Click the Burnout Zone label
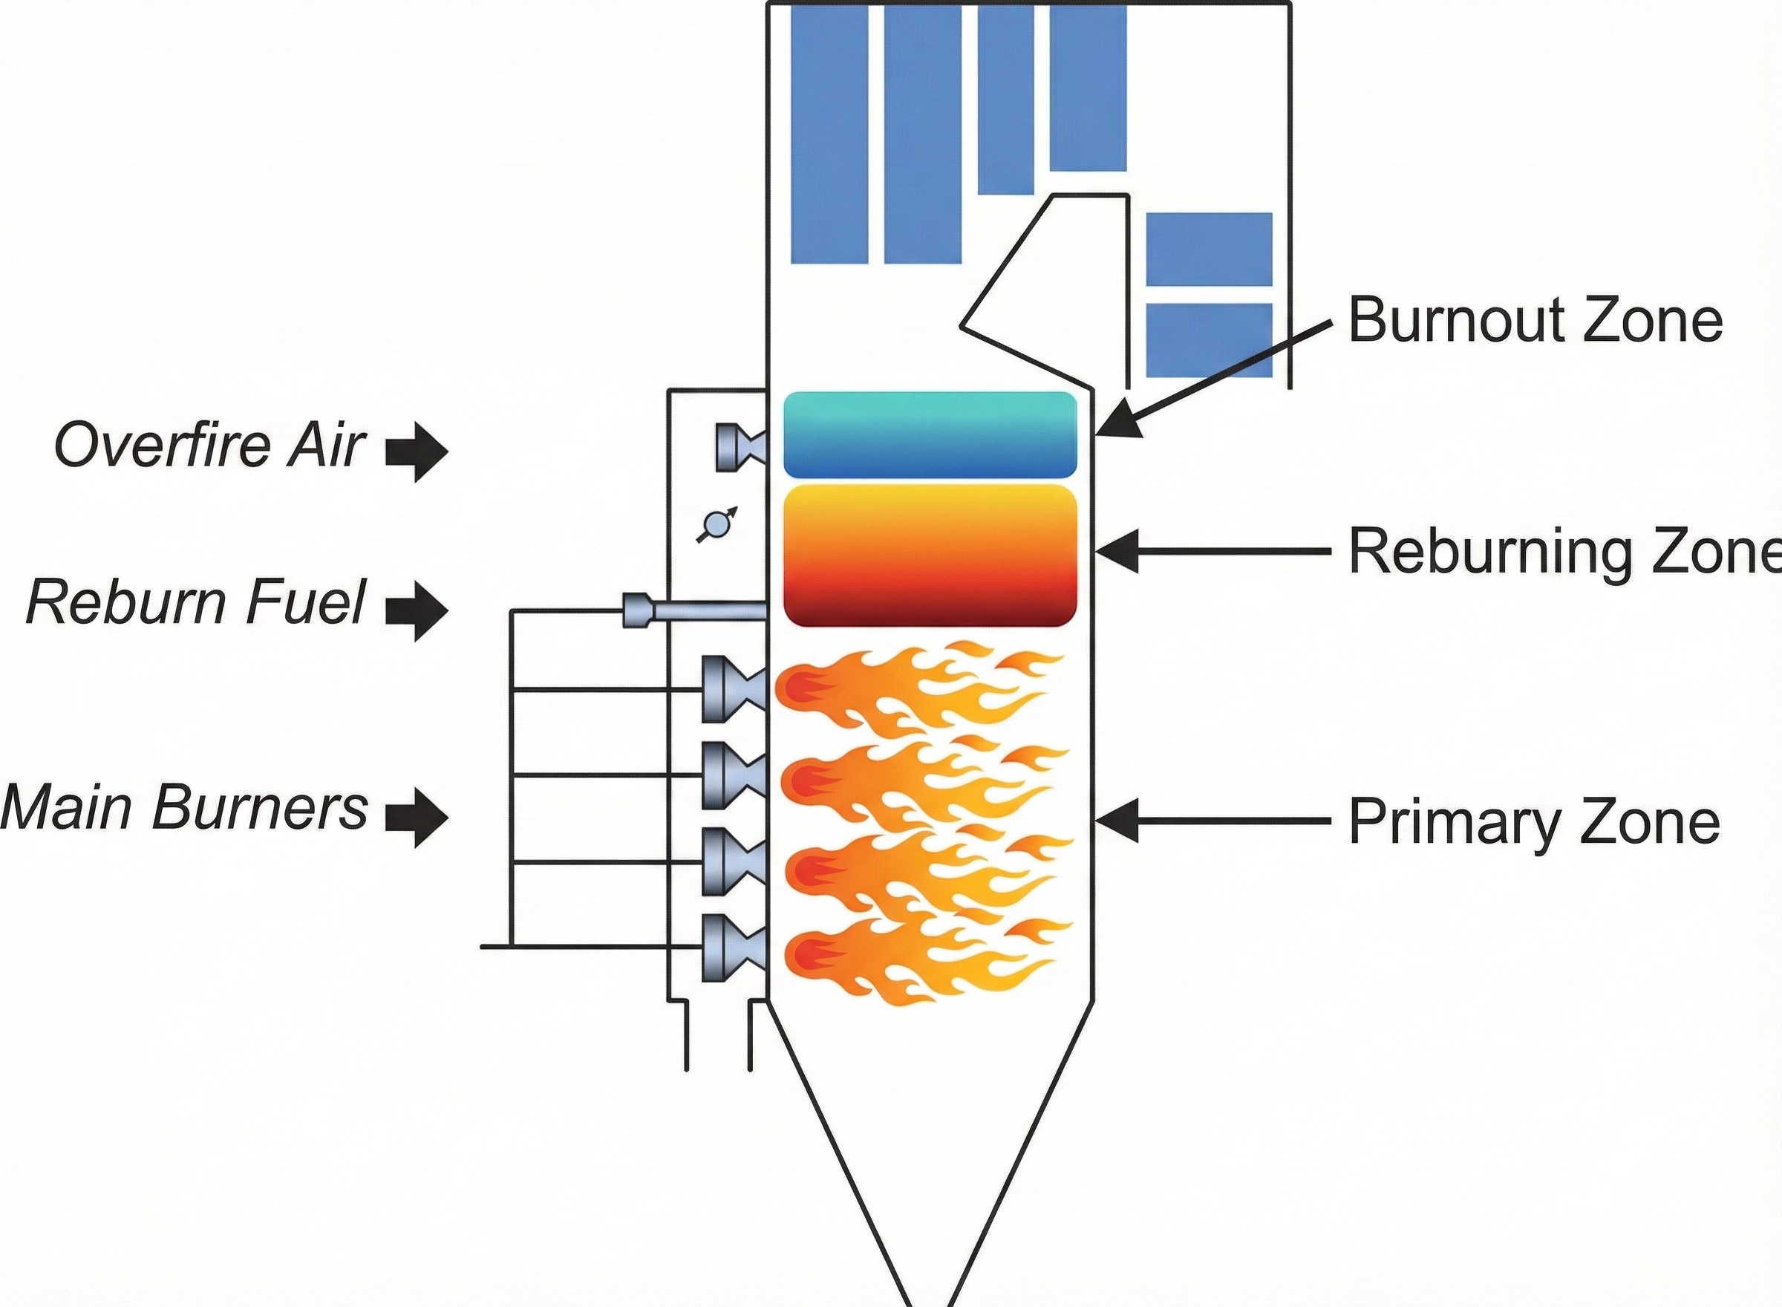point(1535,320)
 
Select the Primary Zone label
point(1534,822)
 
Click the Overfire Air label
point(210,446)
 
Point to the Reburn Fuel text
point(196,602)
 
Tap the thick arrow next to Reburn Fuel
point(417,610)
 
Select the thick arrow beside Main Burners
point(417,818)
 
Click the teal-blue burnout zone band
point(930,435)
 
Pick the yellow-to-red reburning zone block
point(930,555)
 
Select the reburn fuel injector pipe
point(696,610)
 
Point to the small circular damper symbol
point(717,524)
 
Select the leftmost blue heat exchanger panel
point(829,134)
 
